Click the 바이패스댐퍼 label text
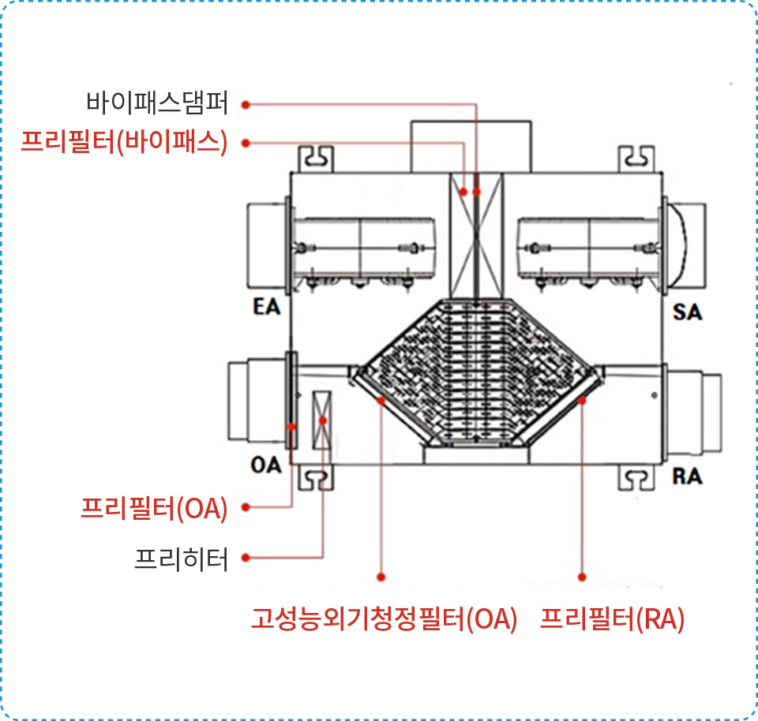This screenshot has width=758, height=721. (157, 103)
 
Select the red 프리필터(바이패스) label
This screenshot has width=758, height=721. (124, 142)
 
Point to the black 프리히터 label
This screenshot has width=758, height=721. (181, 558)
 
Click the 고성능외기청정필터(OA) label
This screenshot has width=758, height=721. (384, 618)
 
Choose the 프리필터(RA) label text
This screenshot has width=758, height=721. (612, 618)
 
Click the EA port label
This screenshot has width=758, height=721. (266, 307)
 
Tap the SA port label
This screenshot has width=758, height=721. (688, 312)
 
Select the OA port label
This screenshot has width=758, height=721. (266, 465)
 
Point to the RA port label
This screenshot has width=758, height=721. (687, 476)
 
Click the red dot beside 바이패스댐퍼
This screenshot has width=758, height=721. (246, 104)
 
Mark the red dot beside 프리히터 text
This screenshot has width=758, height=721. (246, 558)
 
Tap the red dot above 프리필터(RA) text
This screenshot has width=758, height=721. (582, 577)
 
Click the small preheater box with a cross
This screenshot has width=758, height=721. (322, 420)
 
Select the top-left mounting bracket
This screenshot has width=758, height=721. (316, 159)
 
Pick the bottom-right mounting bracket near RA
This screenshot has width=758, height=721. (636, 478)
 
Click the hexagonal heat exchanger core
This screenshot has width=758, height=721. (477, 372)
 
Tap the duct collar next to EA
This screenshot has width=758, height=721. (266, 245)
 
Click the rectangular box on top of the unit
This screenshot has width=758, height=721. (471, 146)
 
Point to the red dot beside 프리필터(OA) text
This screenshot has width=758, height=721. (246, 507)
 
